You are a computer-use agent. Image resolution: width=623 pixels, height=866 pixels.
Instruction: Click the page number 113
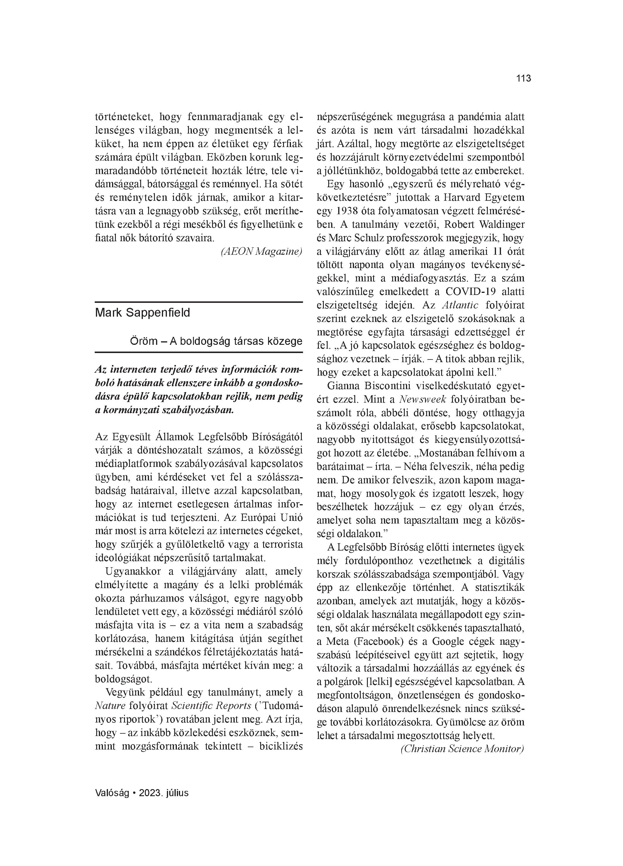(523, 79)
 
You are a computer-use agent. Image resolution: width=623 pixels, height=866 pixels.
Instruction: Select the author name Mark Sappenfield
(142, 313)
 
